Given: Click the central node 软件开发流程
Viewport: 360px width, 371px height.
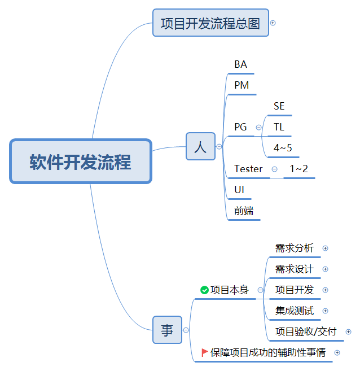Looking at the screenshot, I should pyautogui.click(x=81, y=162).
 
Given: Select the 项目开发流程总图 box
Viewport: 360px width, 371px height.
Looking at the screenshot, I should pyautogui.click(x=210, y=23).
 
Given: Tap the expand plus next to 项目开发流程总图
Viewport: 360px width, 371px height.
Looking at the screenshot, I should pyautogui.click(x=273, y=23).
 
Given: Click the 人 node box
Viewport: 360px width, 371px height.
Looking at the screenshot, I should pyautogui.click(x=200, y=147).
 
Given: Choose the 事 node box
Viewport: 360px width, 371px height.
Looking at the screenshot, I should pyautogui.click(x=167, y=330).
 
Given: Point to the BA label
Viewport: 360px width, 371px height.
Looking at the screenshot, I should pyautogui.click(x=241, y=64).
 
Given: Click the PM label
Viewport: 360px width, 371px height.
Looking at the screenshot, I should pyautogui.click(x=242, y=85).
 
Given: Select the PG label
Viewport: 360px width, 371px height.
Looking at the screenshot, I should pyautogui.click(x=241, y=127).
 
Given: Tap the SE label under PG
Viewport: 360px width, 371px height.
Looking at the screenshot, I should pyautogui.click(x=279, y=106).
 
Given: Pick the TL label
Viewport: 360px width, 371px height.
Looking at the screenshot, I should pyautogui.click(x=279, y=127).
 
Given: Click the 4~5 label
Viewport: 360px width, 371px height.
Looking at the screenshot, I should pyautogui.click(x=283, y=148).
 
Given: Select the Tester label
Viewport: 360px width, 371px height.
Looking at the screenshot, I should pyautogui.click(x=248, y=169).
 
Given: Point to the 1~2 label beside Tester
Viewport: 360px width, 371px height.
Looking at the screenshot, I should pyautogui.click(x=299, y=169).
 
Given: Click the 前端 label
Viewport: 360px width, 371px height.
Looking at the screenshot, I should pyautogui.click(x=244, y=211).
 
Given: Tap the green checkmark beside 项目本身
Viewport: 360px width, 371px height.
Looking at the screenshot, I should pyautogui.click(x=204, y=290).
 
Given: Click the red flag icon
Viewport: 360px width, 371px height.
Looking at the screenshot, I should pyautogui.click(x=204, y=352).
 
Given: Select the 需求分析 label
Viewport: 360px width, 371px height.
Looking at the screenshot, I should pyautogui.click(x=294, y=248).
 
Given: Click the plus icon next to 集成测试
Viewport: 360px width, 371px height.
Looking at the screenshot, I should pyautogui.click(x=325, y=311).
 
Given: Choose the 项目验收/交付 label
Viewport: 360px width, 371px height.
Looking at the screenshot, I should pyautogui.click(x=306, y=331).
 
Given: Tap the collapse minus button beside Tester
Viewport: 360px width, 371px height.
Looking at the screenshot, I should pyautogui.click(x=274, y=169).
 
